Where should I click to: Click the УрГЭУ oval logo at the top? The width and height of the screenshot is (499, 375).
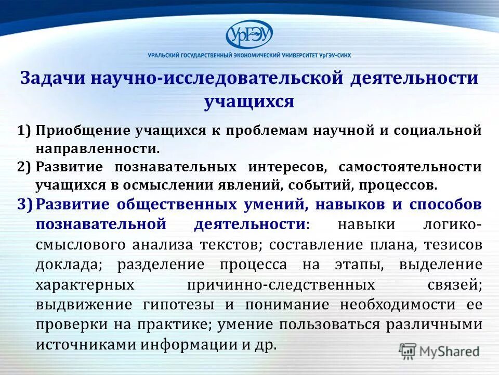249,35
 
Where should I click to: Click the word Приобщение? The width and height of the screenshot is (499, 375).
82,131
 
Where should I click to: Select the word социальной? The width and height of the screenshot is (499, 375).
436,131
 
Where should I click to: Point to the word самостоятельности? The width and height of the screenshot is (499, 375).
410,167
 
